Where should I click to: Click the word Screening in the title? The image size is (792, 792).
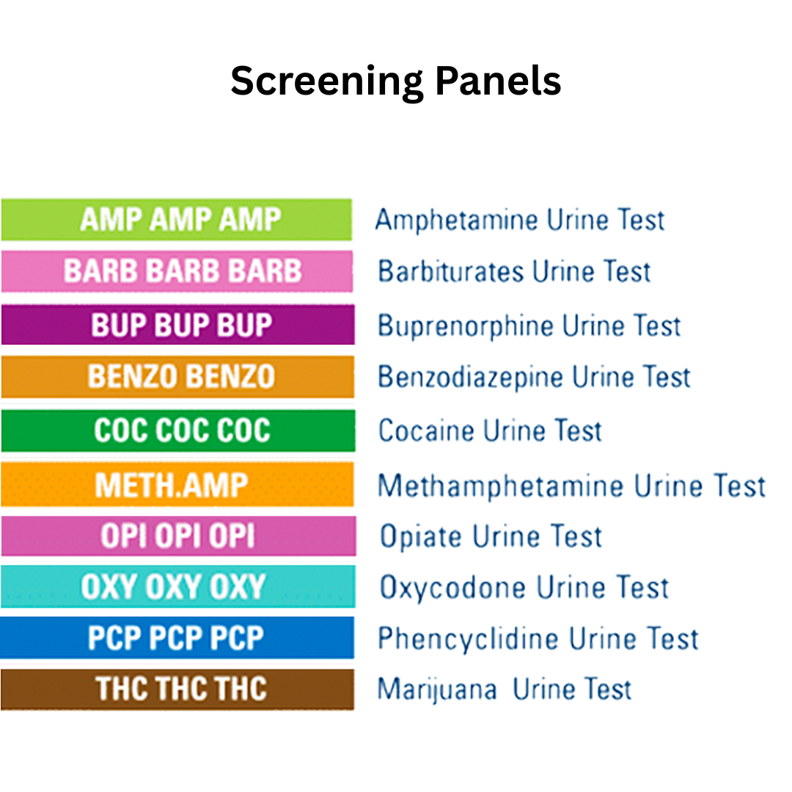click(x=326, y=81)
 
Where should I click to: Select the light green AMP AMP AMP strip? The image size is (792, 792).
click(x=177, y=219)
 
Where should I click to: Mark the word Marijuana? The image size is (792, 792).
click(x=436, y=690)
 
